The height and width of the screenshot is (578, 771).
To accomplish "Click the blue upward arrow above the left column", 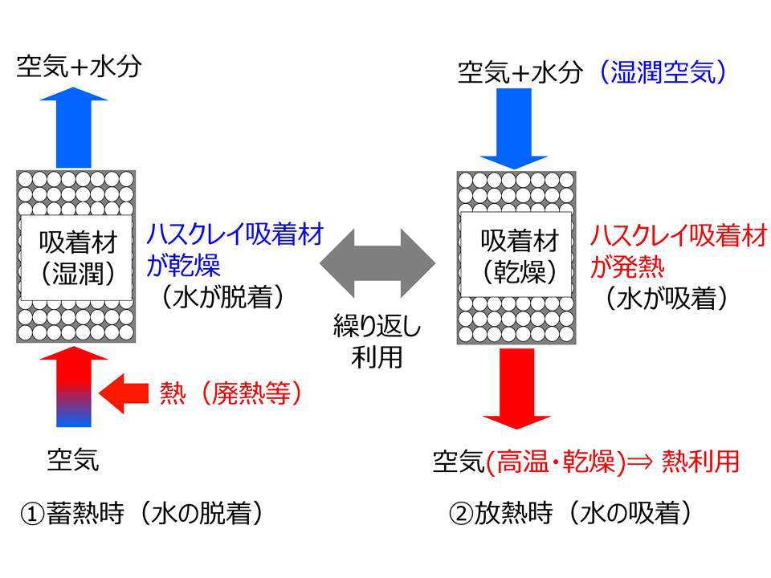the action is (74, 128).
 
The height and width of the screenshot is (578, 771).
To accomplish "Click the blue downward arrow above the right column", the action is (514, 128).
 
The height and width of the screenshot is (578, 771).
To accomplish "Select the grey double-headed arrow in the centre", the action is (377, 263).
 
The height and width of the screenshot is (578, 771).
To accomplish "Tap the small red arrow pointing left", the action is (124, 393).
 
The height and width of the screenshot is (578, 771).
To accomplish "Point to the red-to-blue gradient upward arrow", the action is (74, 387).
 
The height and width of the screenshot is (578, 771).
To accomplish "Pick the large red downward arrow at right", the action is (516, 389).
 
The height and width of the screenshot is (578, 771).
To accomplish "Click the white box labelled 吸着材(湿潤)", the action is (77, 258).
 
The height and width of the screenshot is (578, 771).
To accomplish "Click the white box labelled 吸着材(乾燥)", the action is (516, 254).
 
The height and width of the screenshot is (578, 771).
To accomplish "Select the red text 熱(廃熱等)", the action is (230, 393).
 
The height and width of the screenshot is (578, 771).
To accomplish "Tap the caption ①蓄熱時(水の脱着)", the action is (142, 513).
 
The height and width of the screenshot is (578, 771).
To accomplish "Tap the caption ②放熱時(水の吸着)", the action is (570, 513).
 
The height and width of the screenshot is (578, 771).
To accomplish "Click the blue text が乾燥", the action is (183, 266).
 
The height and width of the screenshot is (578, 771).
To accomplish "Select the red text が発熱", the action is (627, 267).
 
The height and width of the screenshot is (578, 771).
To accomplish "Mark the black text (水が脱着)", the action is (222, 296).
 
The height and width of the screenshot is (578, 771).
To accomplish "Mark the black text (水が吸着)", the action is (667, 298).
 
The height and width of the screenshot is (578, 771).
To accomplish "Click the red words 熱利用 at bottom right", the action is (700, 461).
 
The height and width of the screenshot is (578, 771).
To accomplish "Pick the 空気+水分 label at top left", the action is (80, 66).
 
